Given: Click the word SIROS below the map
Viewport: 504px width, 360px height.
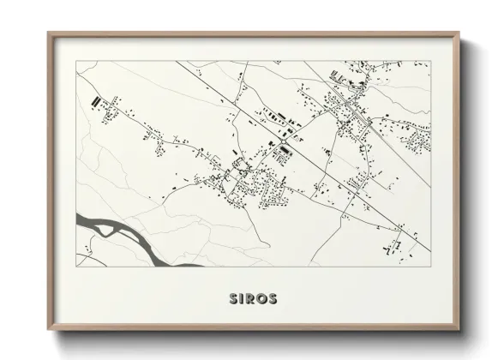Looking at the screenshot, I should pos(252,299).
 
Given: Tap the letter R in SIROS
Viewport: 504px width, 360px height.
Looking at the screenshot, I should pos(252,299).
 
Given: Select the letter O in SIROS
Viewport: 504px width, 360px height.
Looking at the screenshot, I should pos(263,299).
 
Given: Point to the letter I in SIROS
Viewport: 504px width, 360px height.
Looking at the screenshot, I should pos(243,299).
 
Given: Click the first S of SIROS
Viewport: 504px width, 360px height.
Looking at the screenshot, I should pos(234,299).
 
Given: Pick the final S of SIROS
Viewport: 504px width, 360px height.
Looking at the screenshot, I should pos(273,299).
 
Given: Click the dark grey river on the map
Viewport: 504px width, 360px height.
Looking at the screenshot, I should pos(129,237).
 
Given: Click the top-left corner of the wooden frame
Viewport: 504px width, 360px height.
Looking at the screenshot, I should pos(48,33).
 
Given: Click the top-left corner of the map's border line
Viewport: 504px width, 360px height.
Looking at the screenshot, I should pos(77,61).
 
